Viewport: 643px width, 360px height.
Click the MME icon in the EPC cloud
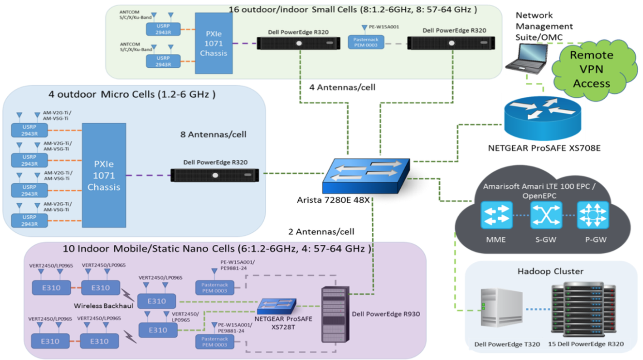pyautogui.click(x=497, y=215)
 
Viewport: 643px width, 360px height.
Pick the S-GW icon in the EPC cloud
pyautogui.click(x=546, y=215)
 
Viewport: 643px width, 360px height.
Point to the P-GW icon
pyautogui.click(x=592, y=215)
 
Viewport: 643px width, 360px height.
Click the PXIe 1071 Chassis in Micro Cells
pyautogui.click(x=104, y=175)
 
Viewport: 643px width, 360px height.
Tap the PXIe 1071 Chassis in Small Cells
pyautogui.click(x=214, y=43)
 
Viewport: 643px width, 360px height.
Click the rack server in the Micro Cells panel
pyautogui.click(x=214, y=176)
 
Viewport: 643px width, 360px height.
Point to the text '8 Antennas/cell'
pyautogui.click(x=213, y=134)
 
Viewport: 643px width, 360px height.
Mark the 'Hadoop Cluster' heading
pyautogui.click(x=550, y=271)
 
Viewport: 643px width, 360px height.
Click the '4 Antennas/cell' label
pyautogui.click(x=342, y=88)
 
